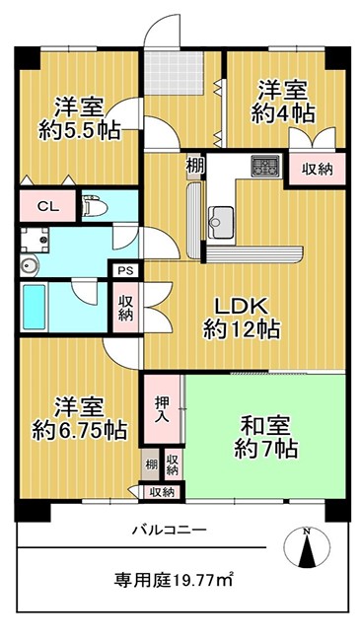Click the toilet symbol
pos(94,206)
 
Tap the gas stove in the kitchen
pos(265,166)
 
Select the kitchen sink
pos(221,222)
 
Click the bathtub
pos(34,307)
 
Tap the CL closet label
pos(48,206)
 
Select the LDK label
pos(242,306)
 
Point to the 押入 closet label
pos(160,410)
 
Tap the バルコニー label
pos(169,531)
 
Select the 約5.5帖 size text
pos(79,130)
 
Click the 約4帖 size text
pos(283,114)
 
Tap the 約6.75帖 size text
pos(79,430)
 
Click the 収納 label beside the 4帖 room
pos(318,169)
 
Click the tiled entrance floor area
pos(175,73)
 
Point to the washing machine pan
pos(35,240)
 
